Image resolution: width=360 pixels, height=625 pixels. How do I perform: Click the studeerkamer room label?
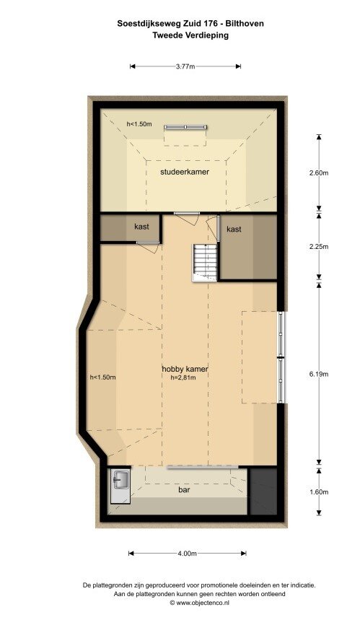[x=185, y=172]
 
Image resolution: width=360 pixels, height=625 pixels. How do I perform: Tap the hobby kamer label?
[x=185, y=369]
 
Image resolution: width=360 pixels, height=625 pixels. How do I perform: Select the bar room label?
[x=184, y=489]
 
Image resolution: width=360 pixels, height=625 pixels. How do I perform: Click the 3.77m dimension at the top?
[x=185, y=66]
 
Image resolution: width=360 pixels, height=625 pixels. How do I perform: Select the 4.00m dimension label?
[x=187, y=554]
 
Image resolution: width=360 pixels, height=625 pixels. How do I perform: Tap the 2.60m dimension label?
[x=319, y=173]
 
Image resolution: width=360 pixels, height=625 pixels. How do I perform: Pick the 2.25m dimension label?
[x=319, y=246]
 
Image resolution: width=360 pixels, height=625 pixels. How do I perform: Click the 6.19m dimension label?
[x=319, y=374]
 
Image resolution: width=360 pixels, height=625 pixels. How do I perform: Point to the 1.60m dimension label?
[x=319, y=492]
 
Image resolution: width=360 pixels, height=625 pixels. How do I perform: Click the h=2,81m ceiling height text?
[x=183, y=377]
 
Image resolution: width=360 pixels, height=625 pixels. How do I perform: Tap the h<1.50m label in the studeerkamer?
[x=139, y=124]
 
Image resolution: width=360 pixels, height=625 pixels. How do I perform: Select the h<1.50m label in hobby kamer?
[x=102, y=377]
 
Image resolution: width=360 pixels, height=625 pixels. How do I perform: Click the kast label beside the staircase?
[x=234, y=230]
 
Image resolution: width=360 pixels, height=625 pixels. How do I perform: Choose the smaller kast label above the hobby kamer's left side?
[x=142, y=227]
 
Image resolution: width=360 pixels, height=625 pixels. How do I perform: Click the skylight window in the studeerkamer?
[x=185, y=127]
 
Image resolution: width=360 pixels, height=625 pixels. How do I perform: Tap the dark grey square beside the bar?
[x=263, y=491]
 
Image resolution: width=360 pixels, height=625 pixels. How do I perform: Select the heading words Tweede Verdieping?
[x=190, y=35]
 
